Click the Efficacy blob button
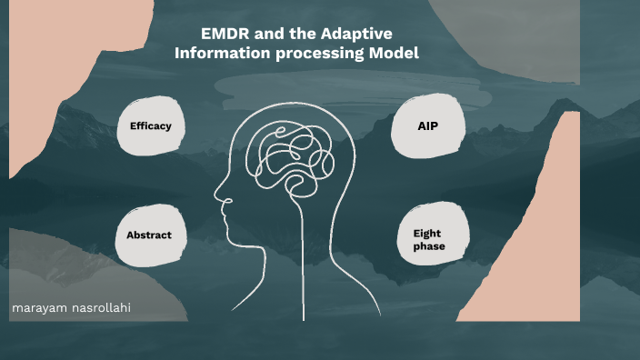[x=151, y=126]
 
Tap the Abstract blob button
[x=149, y=235]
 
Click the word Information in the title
[x=219, y=54]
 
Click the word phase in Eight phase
[x=428, y=247]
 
